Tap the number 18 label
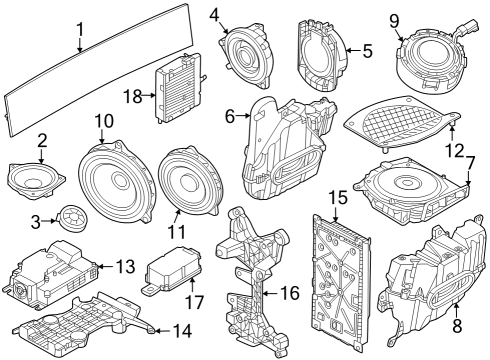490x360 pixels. coord(133,96)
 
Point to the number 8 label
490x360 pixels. coord(457,325)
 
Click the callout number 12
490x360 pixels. coord(454,150)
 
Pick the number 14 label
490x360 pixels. coord(182,331)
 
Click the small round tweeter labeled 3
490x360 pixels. coord(74,218)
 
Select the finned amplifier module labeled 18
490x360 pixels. coord(178,88)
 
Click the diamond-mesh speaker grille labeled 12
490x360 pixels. coord(402,123)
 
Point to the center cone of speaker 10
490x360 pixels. coord(120,179)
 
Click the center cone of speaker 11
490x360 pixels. coord(189,180)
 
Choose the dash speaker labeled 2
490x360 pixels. coord(36,181)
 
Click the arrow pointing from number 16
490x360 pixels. coord(271,294)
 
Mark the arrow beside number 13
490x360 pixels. coord(105,266)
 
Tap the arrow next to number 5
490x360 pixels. coord(353,51)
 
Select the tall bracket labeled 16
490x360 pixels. coord(252,280)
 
